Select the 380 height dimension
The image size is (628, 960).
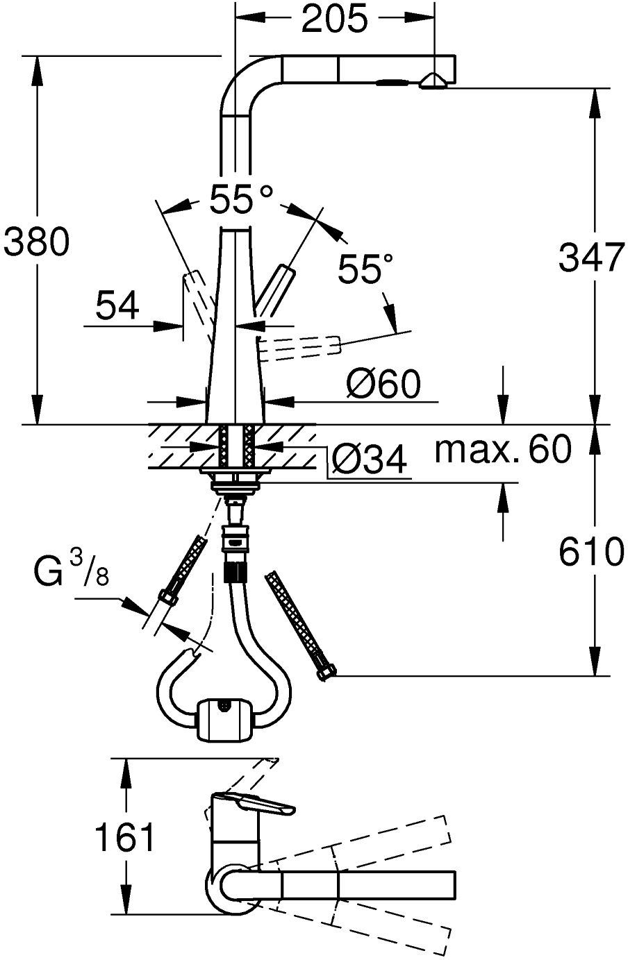(36, 242)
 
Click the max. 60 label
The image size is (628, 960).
(502, 450)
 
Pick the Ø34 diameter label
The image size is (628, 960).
(368, 460)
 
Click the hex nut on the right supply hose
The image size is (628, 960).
(325, 671)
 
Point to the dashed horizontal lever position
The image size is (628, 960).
(300, 346)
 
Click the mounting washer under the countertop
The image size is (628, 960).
(234, 473)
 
